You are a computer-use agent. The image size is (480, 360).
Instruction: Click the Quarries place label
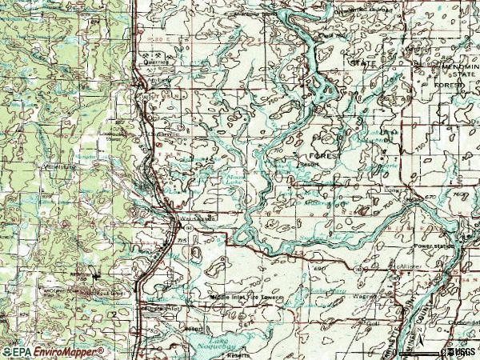(x=155, y=59)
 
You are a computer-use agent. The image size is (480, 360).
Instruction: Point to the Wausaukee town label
(x=199, y=217)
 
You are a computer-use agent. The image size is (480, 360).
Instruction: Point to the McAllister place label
(x=404, y=267)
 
